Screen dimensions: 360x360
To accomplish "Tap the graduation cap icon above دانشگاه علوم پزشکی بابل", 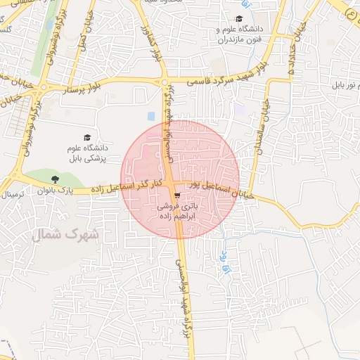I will pos(87,138).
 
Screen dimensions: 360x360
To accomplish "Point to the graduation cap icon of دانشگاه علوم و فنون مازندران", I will pos(239,20).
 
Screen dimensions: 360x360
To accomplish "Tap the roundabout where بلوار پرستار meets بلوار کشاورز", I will pos(163,82).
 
